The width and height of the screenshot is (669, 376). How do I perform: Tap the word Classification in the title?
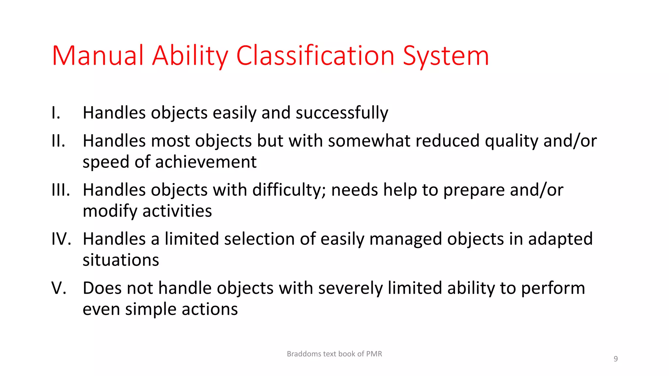coord(315,56)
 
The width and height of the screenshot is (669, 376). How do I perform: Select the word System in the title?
coord(446,56)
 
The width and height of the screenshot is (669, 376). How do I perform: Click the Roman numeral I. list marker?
coord(56,113)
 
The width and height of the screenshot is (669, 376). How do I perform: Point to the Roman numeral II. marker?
coord(58,141)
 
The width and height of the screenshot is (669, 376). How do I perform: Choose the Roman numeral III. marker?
coord(61,190)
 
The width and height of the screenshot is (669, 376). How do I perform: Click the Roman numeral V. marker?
coord(59,288)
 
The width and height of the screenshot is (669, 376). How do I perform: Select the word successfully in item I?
coord(342,113)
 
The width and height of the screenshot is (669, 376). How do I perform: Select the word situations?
coord(121,260)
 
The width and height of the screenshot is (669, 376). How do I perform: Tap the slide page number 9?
coord(615,359)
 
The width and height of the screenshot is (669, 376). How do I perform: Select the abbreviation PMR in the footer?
coord(374,354)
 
